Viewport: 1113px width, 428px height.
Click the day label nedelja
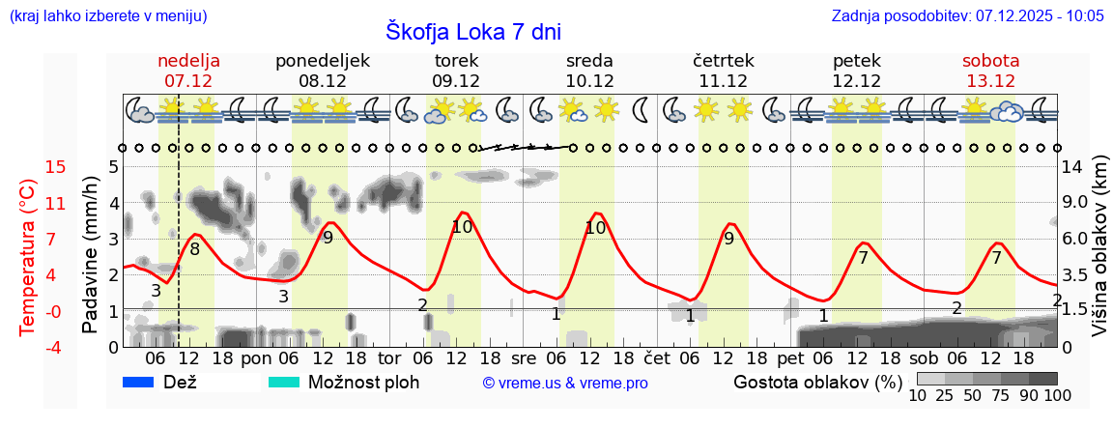189,61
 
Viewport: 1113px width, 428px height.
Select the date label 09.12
456,81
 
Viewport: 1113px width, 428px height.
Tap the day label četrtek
724,61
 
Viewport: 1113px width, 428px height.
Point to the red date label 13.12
990,81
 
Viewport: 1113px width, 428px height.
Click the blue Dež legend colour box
140,382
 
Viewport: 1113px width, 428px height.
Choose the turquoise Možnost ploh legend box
285,382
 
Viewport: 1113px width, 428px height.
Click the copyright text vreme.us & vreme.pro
565,383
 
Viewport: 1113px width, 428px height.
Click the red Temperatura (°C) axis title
29,256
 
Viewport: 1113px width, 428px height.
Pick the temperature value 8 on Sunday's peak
194,249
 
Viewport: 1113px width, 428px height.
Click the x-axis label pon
256,358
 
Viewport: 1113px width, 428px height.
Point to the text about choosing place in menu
107,16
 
